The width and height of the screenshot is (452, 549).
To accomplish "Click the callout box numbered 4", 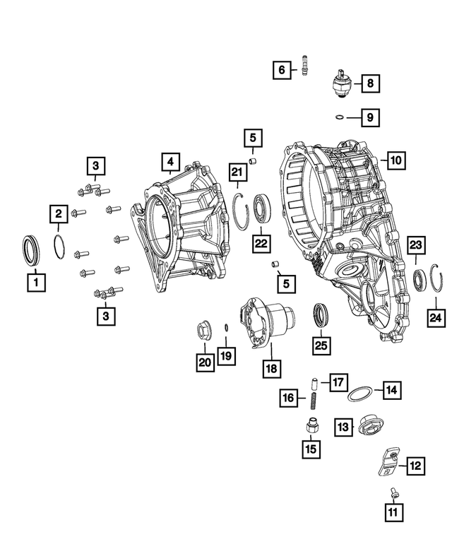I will tap(169, 163).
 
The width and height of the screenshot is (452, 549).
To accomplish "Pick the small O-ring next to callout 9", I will tap(340, 117).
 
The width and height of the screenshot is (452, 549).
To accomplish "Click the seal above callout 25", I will tap(321, 316).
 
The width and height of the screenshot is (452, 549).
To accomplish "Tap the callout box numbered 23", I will tap(417, 245).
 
